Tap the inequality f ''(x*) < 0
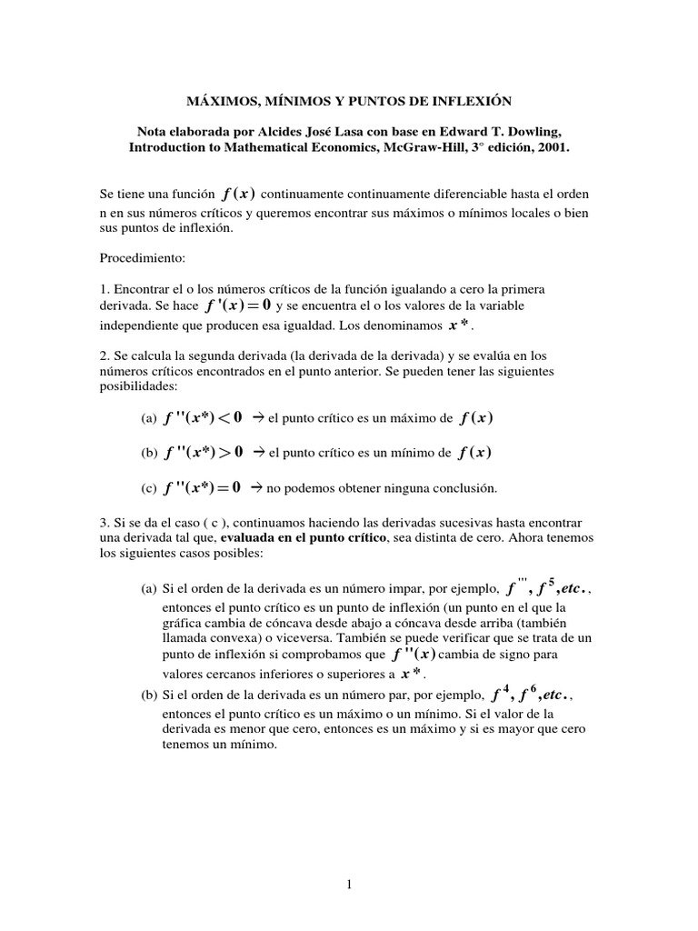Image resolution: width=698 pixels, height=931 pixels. coord(204,417)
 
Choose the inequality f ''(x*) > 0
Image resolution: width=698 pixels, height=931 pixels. coord(204,453)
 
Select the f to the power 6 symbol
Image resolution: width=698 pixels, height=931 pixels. coord(526,696)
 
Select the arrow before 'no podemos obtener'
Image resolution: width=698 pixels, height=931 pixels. coord(257,488)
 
